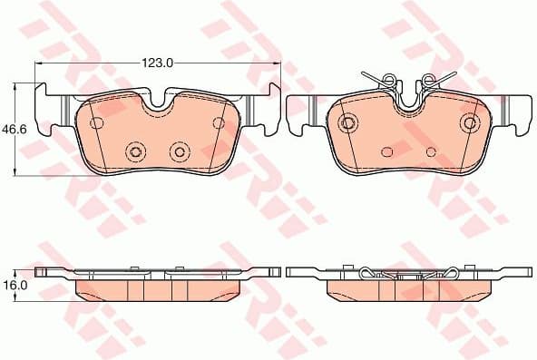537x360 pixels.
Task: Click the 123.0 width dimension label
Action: click(x=157, y=63)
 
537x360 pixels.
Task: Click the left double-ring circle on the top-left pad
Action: click(x=137, y=151)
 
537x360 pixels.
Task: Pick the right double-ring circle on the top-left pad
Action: click(x=179, y=151)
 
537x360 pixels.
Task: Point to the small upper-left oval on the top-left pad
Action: click(x=97, y=122)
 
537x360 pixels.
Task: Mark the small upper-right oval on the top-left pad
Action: click(x=219, y=122)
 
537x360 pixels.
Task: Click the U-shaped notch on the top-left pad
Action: click(x=159, y=102)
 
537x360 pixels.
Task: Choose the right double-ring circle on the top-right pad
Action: click(x=470, y=122)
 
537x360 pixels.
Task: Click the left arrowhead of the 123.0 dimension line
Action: click(x=39, y=63)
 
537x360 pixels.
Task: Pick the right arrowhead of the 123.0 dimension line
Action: click(x=277, y=63)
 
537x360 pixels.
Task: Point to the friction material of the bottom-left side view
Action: click(x=158, y=288)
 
